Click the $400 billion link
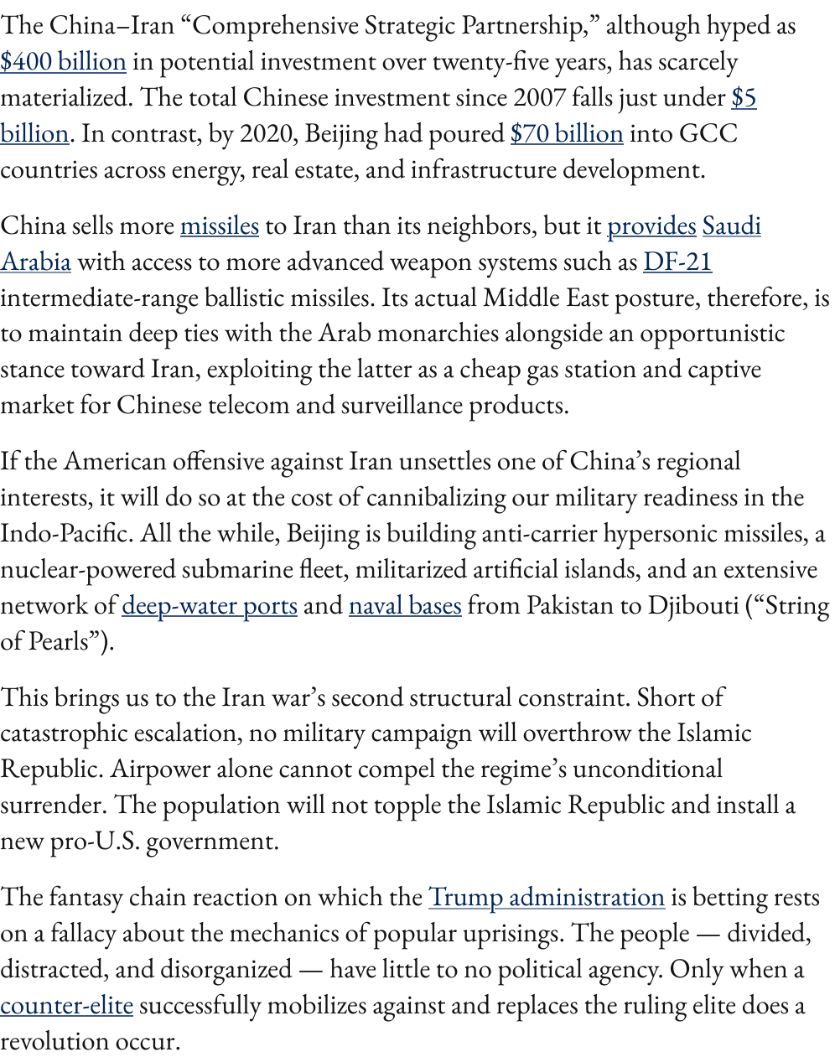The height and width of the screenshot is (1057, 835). pos(63,62)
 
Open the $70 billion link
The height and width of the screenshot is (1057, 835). pos(566,134)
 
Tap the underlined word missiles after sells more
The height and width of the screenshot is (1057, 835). pos(219,226)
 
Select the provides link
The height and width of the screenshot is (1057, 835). pos(651,226)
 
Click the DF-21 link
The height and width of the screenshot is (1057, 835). pos(677,262)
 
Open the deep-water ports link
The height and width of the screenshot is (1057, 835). pos(210,606)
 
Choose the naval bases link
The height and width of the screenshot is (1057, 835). pos(405,606)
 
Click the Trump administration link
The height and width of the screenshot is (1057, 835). pos(546,898)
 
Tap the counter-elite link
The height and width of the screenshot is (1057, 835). pos(66,1006)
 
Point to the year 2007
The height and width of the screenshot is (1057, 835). pos(539,98)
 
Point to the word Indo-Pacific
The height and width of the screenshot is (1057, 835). pos(65,534)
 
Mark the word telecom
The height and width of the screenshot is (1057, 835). pos(247,406)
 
